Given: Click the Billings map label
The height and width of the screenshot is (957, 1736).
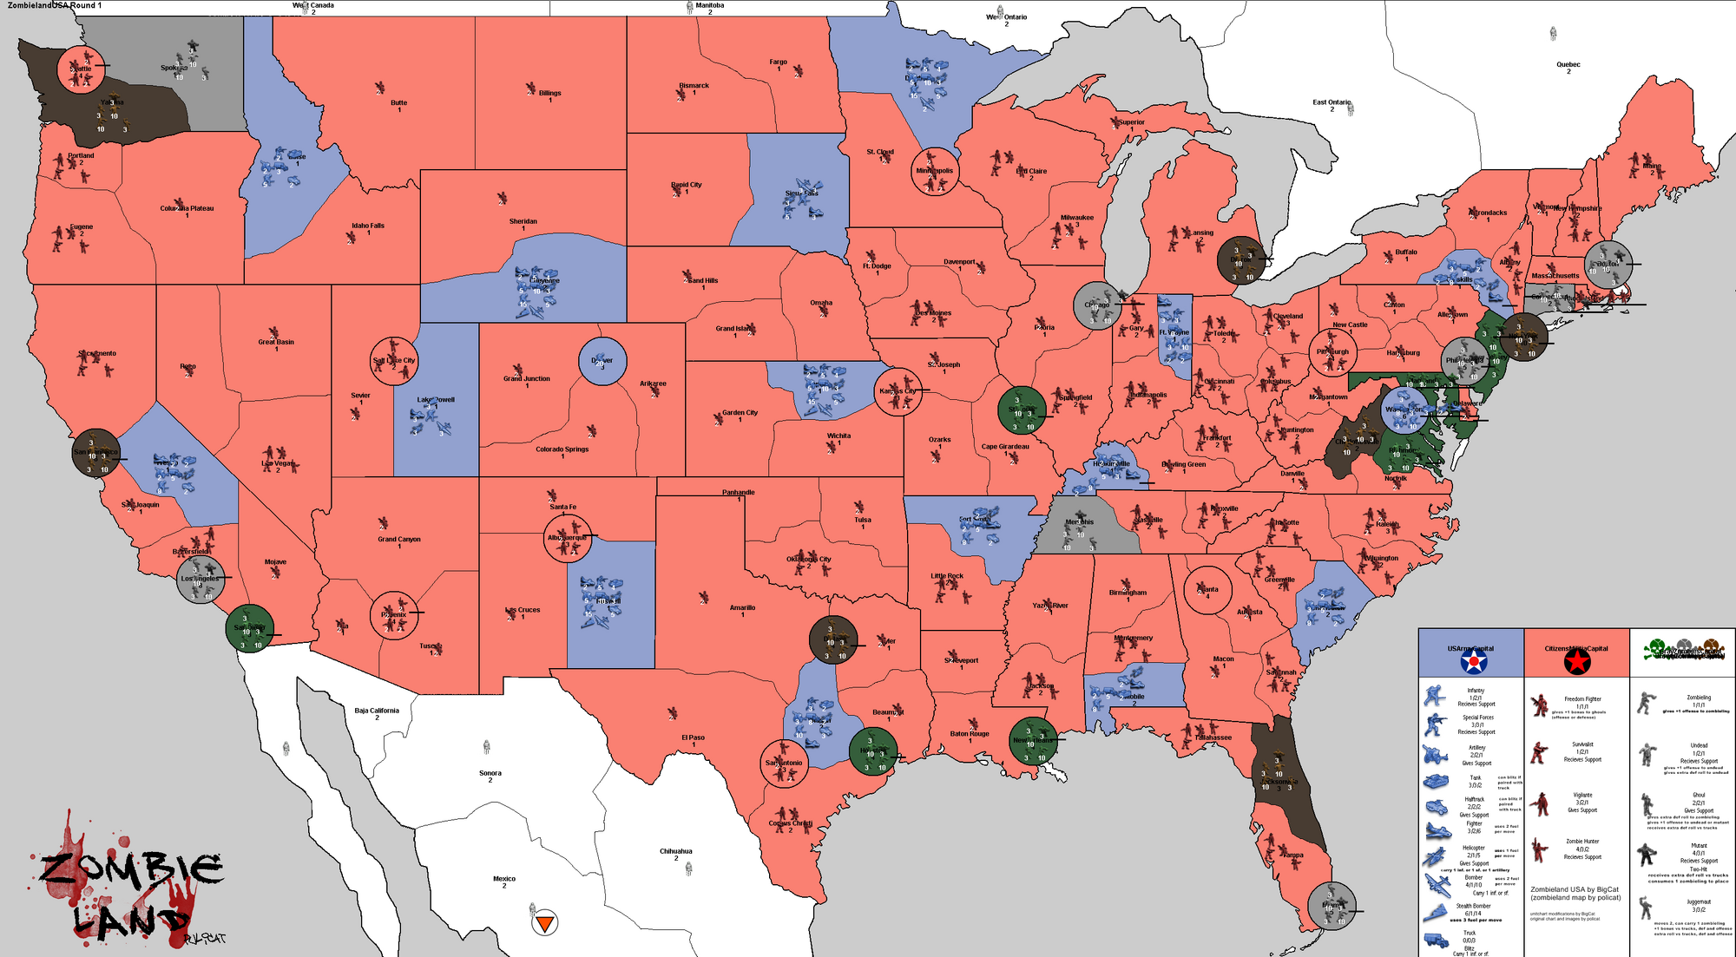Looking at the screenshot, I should (549, 93).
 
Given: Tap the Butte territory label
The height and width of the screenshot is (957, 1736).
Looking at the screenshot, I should (398, 102).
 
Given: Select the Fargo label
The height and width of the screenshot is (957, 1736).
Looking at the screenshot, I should (778, 62).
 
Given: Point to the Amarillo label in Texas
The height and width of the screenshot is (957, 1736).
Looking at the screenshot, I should (742, 607).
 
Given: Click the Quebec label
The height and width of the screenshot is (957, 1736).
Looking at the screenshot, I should (1568, 64).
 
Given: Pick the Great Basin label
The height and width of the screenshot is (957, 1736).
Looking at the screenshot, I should (276, 342).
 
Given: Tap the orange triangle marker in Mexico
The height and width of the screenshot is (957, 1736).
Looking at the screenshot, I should (544, 923).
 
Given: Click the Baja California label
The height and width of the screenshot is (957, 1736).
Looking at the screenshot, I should (377, 711).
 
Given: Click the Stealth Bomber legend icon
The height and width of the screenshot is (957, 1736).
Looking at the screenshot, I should (1436, 912).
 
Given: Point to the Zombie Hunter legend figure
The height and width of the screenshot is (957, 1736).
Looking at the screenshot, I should (1539, 849).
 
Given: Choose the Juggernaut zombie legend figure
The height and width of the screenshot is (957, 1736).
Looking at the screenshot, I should (1645, 908).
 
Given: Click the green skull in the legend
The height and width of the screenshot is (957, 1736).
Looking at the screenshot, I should (1655, 647).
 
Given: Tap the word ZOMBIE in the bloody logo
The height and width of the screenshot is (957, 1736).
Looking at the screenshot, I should (130, 868).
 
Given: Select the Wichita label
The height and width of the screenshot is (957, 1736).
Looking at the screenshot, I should (838, 436).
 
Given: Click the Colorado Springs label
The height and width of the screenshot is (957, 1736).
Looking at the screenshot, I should (562, 449).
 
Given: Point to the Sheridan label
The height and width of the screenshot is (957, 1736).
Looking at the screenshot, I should (523, 221).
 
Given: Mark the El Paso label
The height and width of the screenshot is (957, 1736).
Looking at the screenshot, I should (693, 737).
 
